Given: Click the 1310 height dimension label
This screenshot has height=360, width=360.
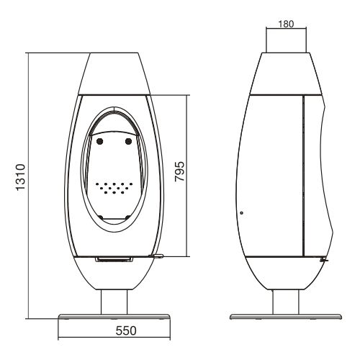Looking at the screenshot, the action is (x=20, y=177).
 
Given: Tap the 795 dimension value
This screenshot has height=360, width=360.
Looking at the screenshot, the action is (x=179, y=171).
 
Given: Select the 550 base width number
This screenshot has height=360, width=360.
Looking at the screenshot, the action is (x=126, y=330).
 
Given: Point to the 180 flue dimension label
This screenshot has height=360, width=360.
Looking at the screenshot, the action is (x=286, y=24).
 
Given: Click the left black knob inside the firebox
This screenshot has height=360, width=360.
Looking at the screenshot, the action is (x=99, y=142).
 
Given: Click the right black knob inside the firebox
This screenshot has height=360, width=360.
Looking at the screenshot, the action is (x=128, y=142).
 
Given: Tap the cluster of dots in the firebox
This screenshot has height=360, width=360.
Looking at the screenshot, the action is (x=114, y=188).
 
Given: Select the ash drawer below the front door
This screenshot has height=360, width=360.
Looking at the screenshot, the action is (x=114, y=259).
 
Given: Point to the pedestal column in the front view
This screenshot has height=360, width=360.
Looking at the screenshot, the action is (x=114, y=302).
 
